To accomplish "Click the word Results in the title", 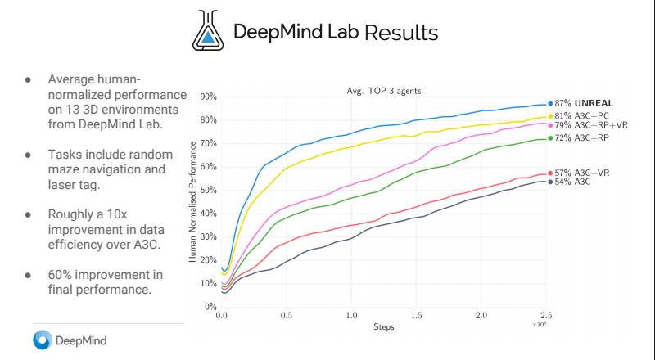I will pyautogui.click(x=401, y=33).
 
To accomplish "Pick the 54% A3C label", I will pyautogui.click(x=573, y=181).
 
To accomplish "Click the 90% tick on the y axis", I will pyautogui.click(x=207, y=97).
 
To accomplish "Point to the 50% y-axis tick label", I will pyautogui.click(x=207, y=190).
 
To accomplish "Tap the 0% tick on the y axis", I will pyautogui.click(x=210, y=307).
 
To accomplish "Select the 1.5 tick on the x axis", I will pyautogui.click(x=416, y=315).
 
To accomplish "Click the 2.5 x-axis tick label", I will pyautogui.click(x=546, y=315).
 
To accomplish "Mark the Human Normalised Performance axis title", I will pyautogui.click(x=193, y=201).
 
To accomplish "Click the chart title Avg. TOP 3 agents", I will pyautogui.click(x=385, y=90).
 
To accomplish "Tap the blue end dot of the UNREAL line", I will pyautogui.click(x=549, y=104).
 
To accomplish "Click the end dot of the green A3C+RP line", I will pyautogui.click(x=549, y=138).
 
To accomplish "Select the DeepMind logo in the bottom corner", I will pyautogui.click(x=70, y=340).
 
